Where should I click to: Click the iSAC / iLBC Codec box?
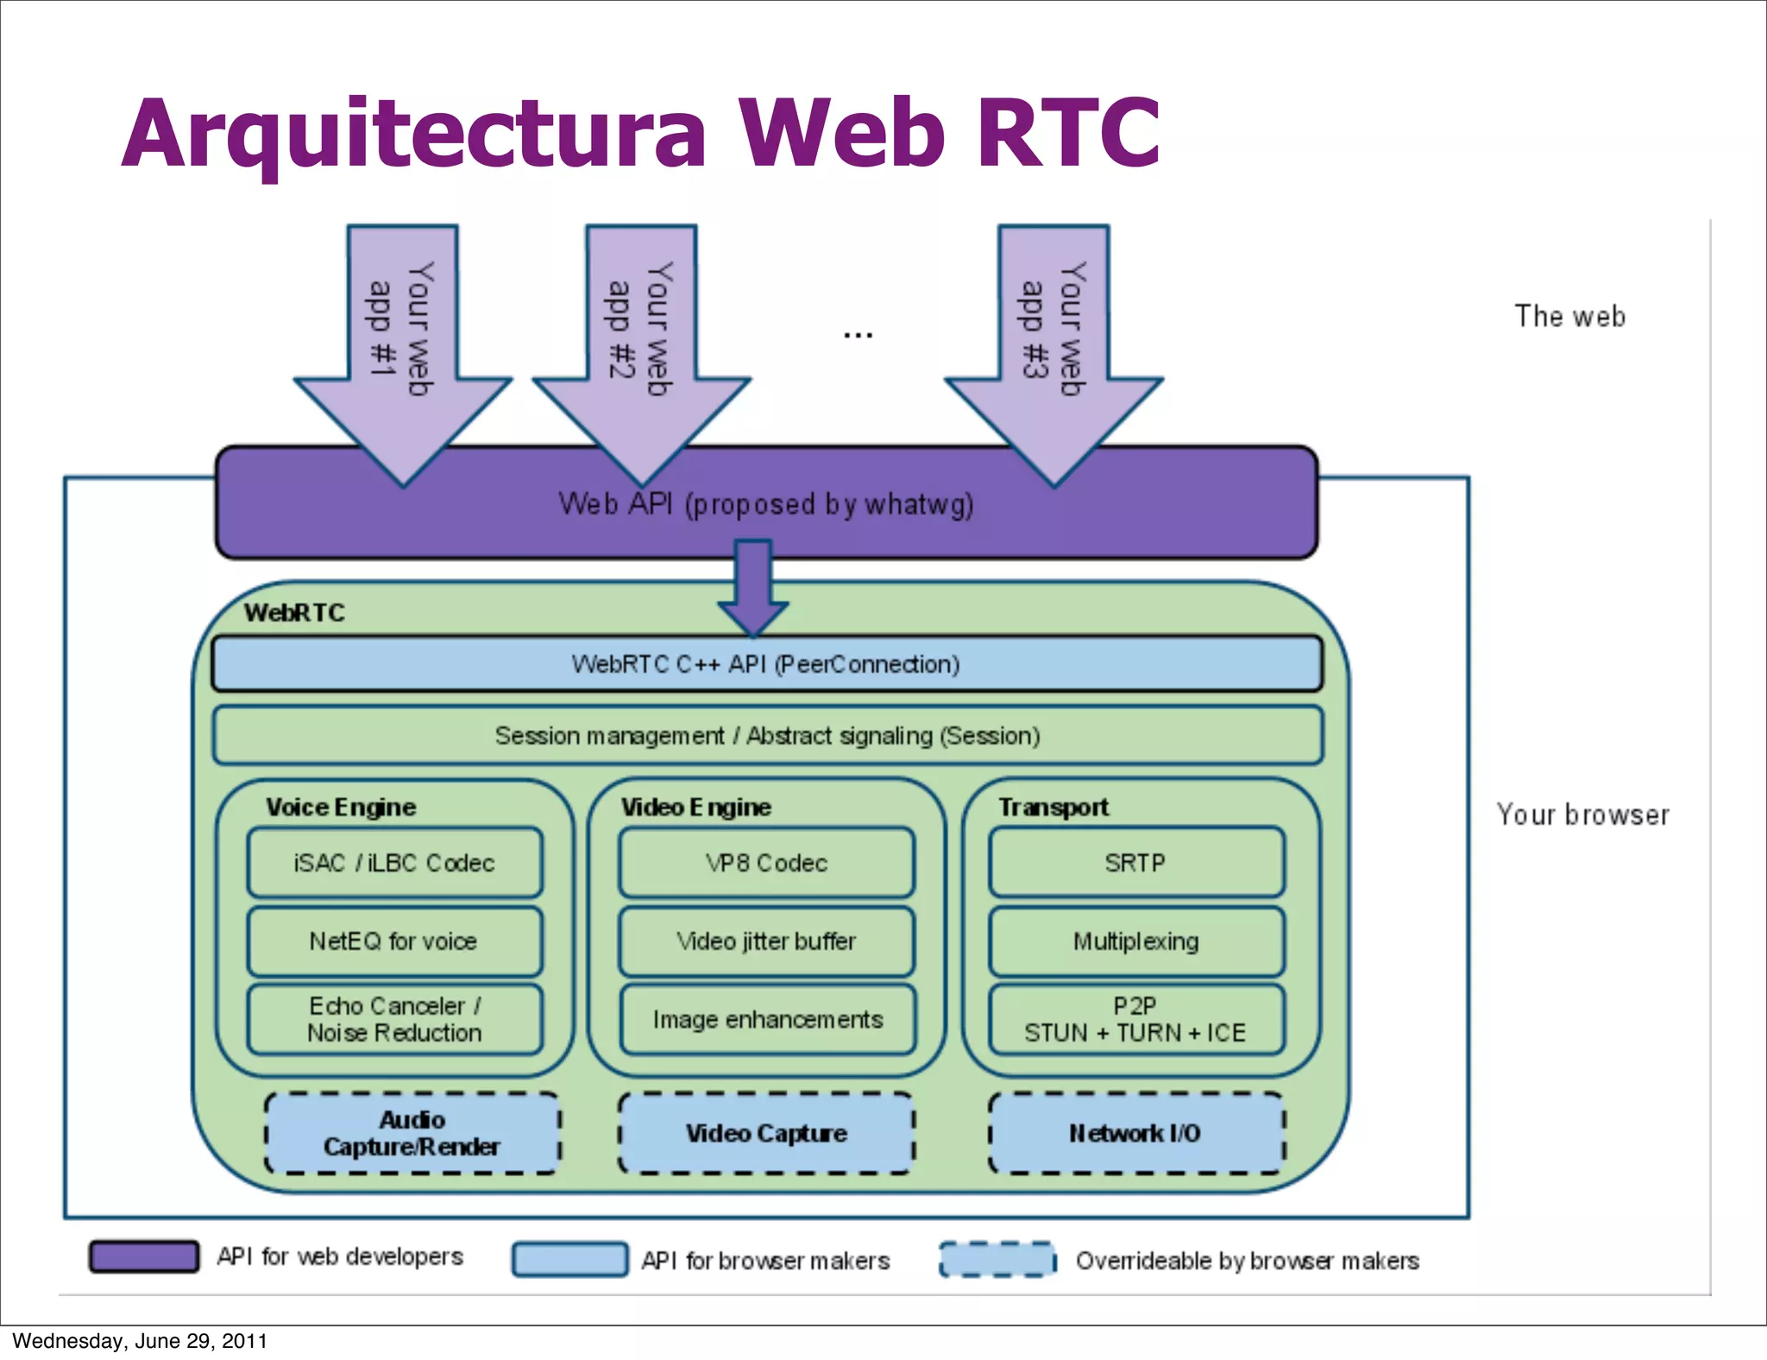pyautogui.click(x=395, y=862)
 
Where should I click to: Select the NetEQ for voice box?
pyautogui.click(x=395, y=941)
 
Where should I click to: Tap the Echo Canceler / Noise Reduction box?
pyautogui.click(x=395, y=1019)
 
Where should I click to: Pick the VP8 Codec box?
pyautogui.click(x=766, y=862)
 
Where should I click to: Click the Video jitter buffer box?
pyautogui.click(x=766, y=941)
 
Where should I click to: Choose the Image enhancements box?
pyautogui.click(x=766, y=1019)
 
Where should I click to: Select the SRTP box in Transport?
pyautogui.click(x=1136, y=862)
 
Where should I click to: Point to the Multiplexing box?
pyautogui.click(x=1136, y=941)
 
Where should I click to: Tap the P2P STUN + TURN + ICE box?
pyautogui.click(x=1136, y=1019)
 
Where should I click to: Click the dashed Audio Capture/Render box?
pyautogui.click(x=412, y=1133)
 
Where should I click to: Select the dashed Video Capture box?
pyautogui.click(x=766, y=1133)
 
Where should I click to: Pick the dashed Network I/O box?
pyautogui.click(x=1136, y=1133)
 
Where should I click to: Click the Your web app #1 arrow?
pyautogui.click(x=403, y=345)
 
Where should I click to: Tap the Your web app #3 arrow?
pyautogui.click(x=1053, y=345)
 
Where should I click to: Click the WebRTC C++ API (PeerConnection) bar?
pyautogui.click(x=766, y=664)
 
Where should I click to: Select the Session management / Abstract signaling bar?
pyautogui.click(x=766, y=735)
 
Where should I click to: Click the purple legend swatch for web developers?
pyautogui.click(x=144, y=1256)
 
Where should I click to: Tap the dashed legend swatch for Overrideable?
pyautogui.click(x=997, y=1259)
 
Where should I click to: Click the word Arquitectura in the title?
pyautogui.click(x=414, y=134)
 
